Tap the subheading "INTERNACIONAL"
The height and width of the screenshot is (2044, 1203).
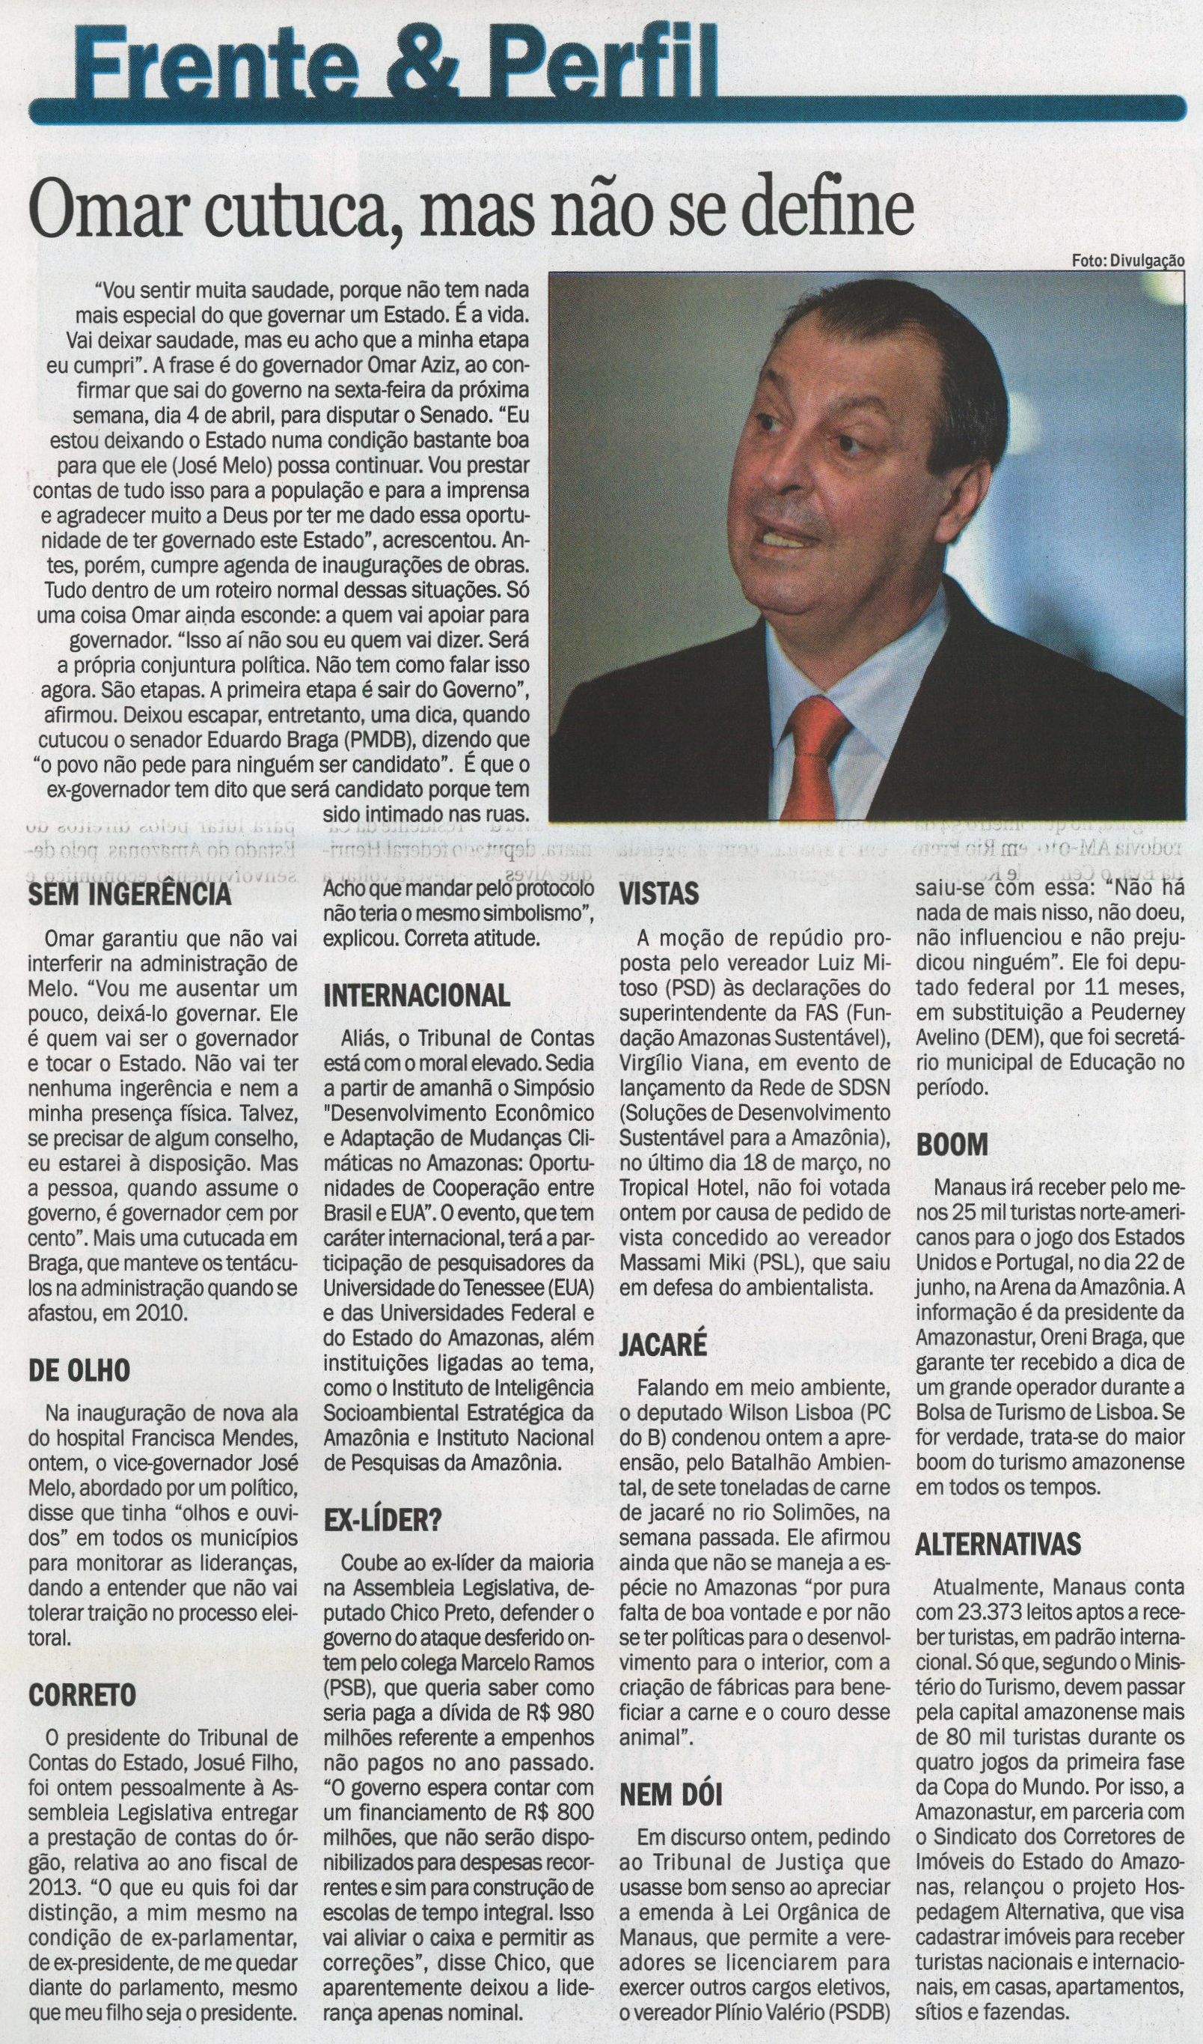point(417,995)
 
